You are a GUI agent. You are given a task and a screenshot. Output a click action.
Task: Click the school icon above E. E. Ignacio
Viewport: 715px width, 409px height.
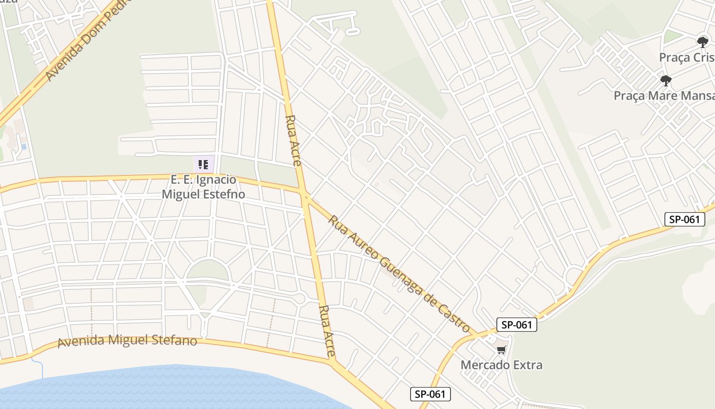(x=203, y=165)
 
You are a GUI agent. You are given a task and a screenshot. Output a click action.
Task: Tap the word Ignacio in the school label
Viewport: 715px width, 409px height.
(x=217, y=180)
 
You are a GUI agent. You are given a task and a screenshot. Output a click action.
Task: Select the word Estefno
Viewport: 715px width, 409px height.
(x=225, y=194)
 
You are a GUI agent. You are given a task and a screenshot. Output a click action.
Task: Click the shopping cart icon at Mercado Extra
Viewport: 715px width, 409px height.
(x=501, y=350)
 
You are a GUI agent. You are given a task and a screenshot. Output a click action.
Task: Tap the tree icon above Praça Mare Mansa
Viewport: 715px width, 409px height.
(x=665, y=81)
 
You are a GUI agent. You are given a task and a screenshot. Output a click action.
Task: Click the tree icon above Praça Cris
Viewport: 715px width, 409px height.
(x=703, y=42)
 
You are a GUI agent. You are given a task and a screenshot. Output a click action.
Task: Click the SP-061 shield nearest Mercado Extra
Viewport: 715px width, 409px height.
(x=516, y=325)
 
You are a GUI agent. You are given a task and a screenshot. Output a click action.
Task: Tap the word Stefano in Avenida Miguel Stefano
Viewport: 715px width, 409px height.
(x=175, y=340)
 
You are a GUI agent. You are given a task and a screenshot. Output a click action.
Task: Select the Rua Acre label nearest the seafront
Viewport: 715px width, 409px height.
(x=327, y=331)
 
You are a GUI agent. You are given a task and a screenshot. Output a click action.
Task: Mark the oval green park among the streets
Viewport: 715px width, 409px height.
(x=207, y=270)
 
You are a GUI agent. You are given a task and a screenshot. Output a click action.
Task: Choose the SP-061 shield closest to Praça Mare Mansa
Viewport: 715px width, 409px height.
(x=684, y=219)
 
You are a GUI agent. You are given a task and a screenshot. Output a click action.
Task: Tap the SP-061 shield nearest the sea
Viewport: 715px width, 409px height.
(x=430, y=394)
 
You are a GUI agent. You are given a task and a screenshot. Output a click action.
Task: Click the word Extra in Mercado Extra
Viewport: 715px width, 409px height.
(x=528, y=365)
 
